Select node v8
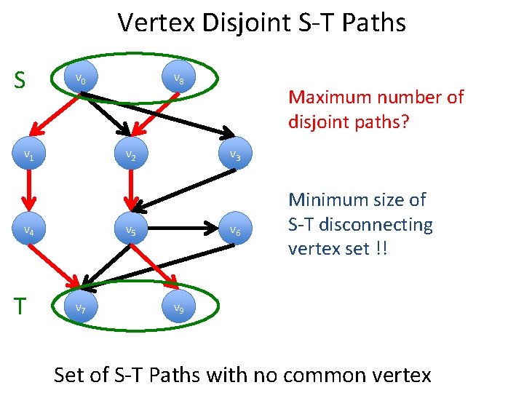click(178, 79)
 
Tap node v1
click(28, 154)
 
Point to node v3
click(234, 154)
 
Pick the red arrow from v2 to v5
click(132, 192)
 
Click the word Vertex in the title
click(155, 23)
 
